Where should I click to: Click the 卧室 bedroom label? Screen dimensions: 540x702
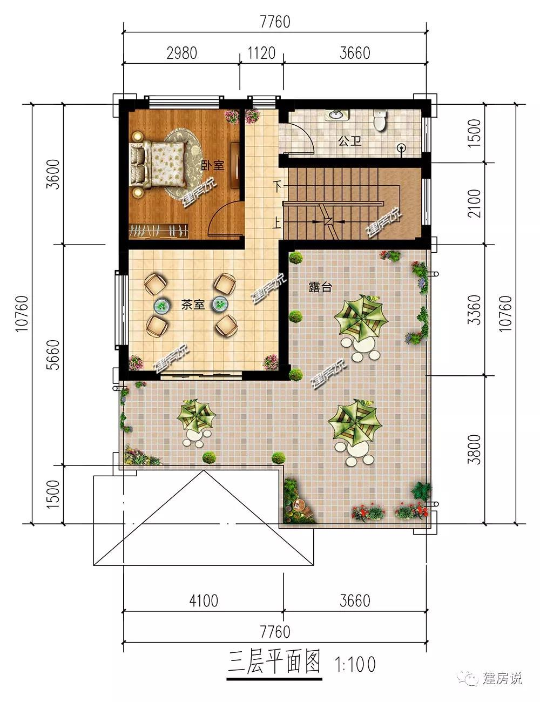click(212, 165)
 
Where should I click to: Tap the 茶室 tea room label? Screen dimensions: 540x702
click(193, 305)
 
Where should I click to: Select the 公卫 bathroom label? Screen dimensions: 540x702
click(349, 141)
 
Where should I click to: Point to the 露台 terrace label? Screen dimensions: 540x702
click(320, 287)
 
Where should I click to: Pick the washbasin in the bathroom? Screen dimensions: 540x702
click(336, 114)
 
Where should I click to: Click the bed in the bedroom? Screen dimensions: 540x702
click(158, 164)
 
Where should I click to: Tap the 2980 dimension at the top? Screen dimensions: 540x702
click(181, 53)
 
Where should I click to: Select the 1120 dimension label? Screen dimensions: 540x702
click(261, 53)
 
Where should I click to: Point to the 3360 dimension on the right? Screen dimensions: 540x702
click(474, 309)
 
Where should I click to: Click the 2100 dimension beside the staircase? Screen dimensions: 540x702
click(474, 204)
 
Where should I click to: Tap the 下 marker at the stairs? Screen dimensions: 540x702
click(277, 186)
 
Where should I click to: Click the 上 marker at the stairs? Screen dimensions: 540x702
click(276, 222)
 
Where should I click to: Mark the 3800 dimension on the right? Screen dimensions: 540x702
click(474, 450)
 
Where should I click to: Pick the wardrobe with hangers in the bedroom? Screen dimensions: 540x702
click(158, 231)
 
